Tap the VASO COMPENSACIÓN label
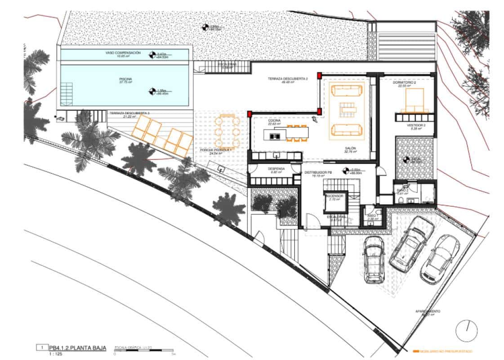[x=123, y=53]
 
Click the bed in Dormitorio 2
[x=415, y=100]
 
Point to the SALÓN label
[x=351, y=148]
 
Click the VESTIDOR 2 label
[x=414, y=126]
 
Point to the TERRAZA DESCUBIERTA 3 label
[x=129, y=113]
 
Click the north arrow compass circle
[x=466, y=331]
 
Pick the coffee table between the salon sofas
[x=347, y=108]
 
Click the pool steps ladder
[x=67, y=93]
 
